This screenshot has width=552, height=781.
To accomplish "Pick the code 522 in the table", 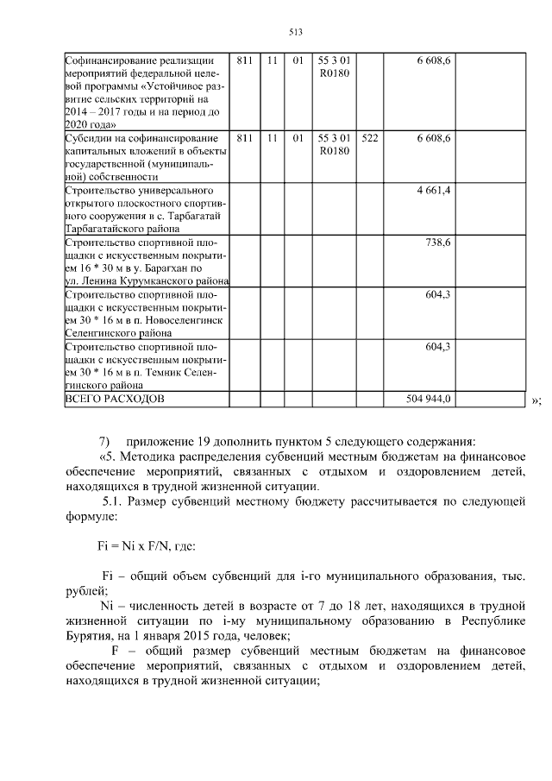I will click(x=370, y=137).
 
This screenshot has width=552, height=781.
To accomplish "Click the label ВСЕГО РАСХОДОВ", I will click(x=114, y=399).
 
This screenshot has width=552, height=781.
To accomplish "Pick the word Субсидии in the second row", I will click(x=89, y=137).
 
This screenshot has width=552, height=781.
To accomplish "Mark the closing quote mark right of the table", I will click(x=536, y=400).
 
